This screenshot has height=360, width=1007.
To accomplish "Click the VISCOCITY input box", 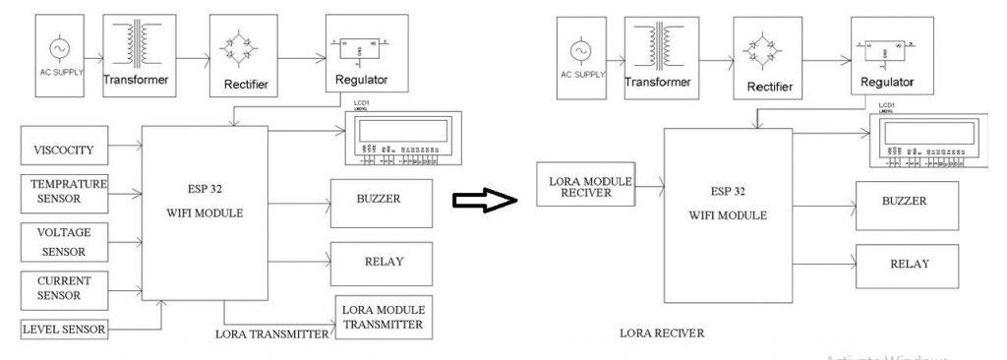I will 64,150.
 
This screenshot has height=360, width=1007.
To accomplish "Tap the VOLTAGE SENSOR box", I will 64,241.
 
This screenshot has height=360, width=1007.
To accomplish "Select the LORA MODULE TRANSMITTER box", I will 383,316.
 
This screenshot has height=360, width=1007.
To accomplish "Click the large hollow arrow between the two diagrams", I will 484,201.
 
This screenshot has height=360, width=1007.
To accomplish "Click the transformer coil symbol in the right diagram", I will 654,46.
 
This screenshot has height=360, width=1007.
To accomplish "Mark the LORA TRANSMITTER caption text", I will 270,334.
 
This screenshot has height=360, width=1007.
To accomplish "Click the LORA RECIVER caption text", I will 662,333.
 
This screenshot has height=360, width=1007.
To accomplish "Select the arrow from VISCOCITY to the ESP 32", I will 125,150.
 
